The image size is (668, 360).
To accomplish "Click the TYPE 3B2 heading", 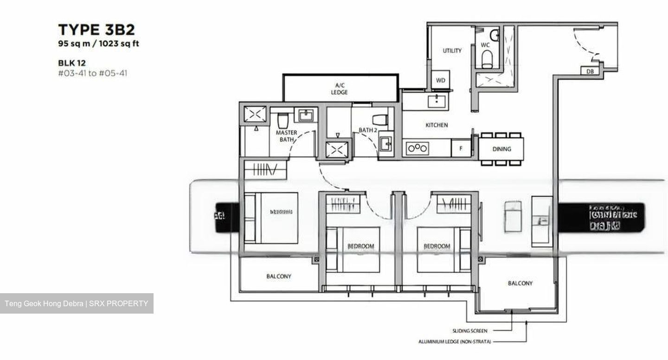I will pos(96,30).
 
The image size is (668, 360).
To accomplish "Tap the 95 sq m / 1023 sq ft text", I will pos(98,44).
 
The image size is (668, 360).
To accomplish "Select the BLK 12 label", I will pos(72,63).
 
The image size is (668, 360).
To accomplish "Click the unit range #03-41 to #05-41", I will pos(92,73).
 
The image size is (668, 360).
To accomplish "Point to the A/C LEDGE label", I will pos(339,89).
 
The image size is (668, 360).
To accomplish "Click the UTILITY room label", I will pos(452,51).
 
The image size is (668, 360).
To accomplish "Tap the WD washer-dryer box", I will pos(440,80).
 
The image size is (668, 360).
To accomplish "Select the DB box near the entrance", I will pos(590,71).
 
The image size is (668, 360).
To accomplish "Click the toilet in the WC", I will pos(487,59).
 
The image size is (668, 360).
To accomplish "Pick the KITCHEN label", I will pos(437,125).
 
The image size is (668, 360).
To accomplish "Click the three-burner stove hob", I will pos(417,148).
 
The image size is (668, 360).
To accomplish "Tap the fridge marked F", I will pos(461,148).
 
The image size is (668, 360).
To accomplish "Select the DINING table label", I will pos(501,149).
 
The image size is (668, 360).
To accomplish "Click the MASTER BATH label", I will pos(286,136).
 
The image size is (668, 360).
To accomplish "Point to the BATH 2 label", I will pos(367,130).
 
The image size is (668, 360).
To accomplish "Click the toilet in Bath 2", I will pos(379,119).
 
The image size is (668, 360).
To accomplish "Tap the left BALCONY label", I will pos(279,276).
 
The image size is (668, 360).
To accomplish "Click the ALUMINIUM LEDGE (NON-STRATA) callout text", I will pos(454,342).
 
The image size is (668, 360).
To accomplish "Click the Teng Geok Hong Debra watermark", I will pos(77,304).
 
